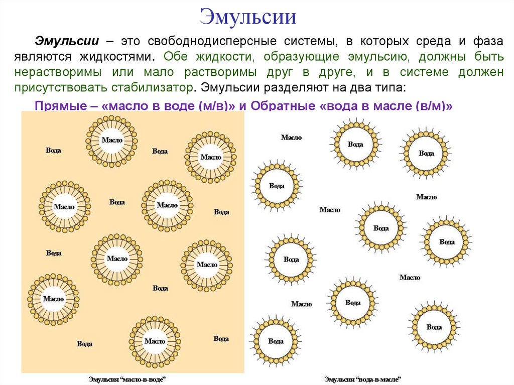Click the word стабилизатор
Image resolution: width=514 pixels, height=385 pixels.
pyautogui.click(x=150, y=87)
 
